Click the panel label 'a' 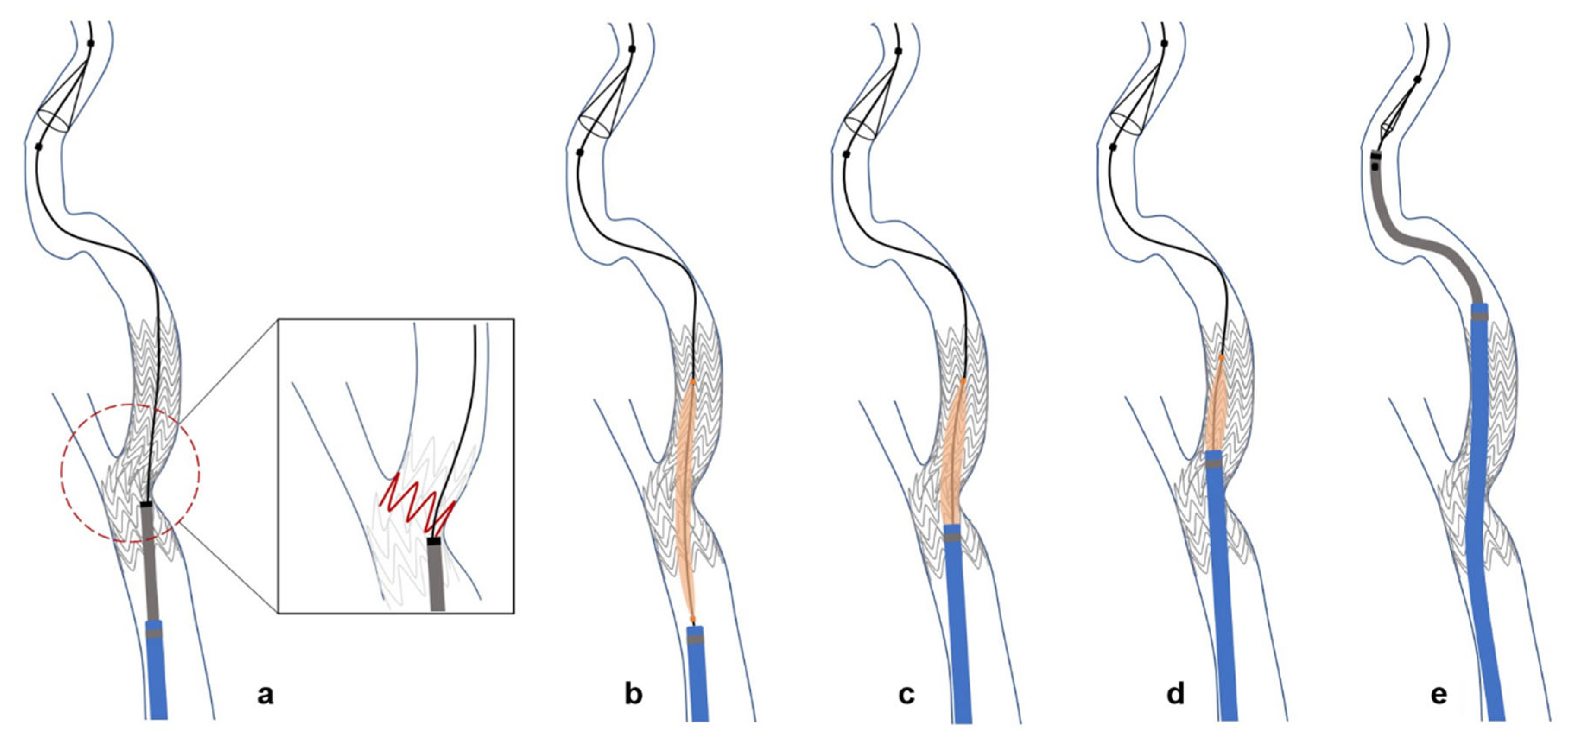point(265,695)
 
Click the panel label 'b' point(634,695)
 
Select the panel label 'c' point(906,695)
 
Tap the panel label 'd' point(1175,695)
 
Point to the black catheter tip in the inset point(434,541)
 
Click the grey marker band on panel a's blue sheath point(155,633)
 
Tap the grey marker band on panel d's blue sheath point(1214,464)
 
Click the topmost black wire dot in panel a point(91,44)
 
